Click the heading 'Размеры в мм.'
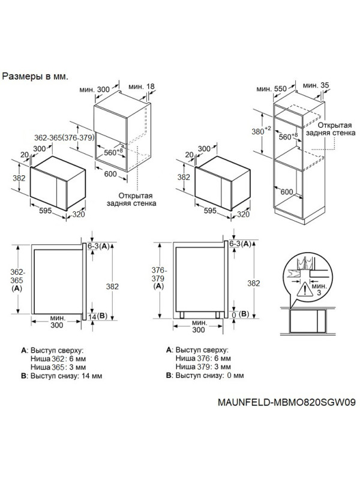point(35,77)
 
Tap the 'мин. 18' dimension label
point(142,88)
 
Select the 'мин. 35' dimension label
point(316,86)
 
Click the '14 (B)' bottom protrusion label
point(97,316)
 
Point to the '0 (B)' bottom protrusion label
point(240,315)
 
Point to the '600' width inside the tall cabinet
point(287,191)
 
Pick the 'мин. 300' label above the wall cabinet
point(95,89)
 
